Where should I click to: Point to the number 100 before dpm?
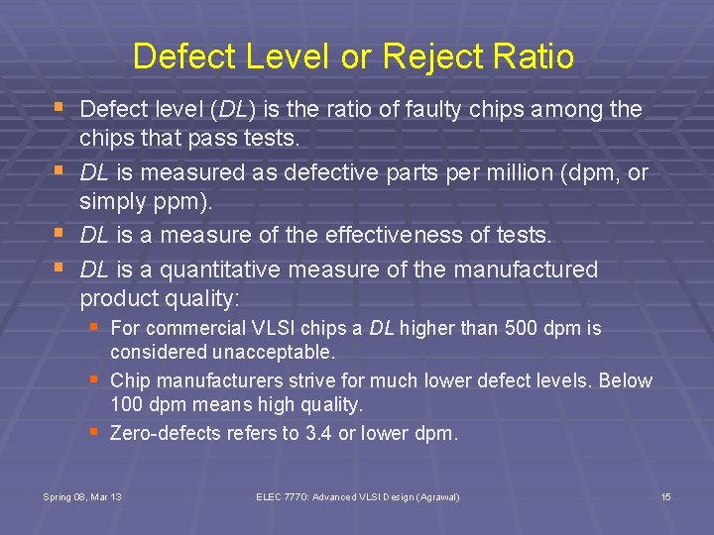[127, 404]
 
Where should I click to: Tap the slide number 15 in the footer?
[666, 495]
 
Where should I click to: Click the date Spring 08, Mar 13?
[82, 495]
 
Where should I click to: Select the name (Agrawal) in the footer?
[438, 495]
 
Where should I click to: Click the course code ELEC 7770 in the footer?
[279, 495]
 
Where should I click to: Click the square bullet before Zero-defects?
[94, 432]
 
